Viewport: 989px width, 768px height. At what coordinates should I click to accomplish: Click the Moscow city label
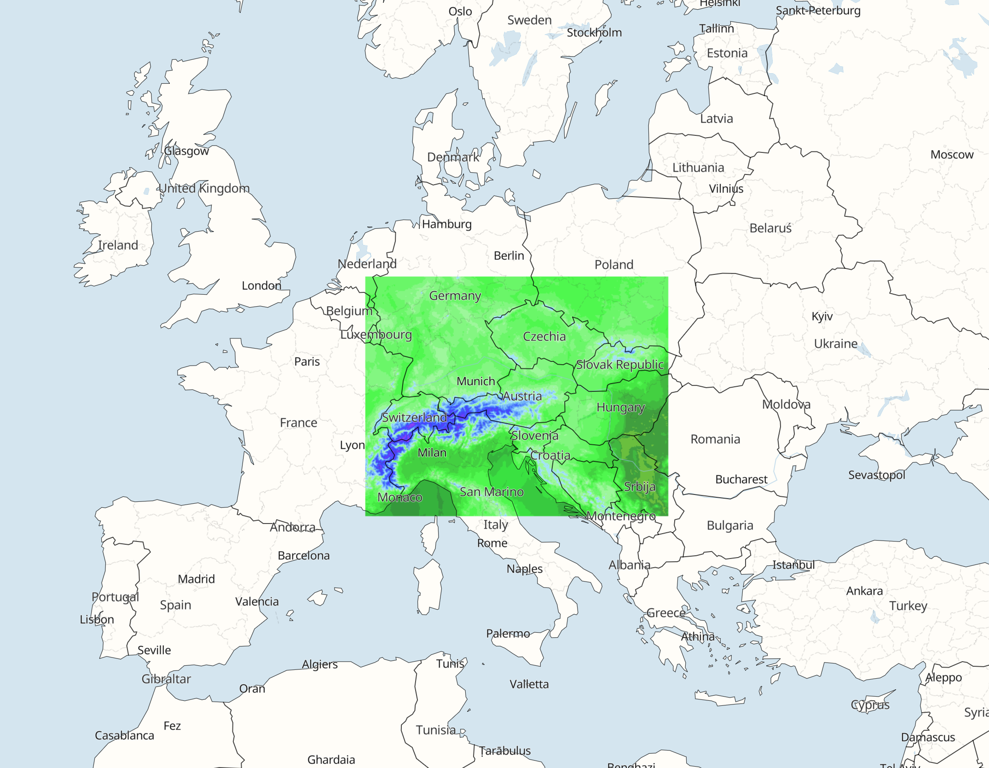[x=952, y=155]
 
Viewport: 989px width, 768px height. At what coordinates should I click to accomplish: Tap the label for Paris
[x=307, y=361]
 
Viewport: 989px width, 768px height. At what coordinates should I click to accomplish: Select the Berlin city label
[x=509, y=256]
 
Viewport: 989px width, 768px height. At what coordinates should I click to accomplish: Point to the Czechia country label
[x=544, y=337]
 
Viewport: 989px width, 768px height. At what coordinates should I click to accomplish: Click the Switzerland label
[x=414, y=418]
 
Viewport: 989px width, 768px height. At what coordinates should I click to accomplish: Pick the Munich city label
[x=475, y=381]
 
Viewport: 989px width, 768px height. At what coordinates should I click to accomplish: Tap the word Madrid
[x=196, y=579]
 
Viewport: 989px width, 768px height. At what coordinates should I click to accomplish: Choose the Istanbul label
[x=793, y=565]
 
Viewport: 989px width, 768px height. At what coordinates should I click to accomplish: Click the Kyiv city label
[x=822, y=316]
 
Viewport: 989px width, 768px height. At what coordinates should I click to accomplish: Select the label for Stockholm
[x=594, y=33]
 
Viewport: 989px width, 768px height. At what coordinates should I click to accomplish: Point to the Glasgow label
[x=186, y=151]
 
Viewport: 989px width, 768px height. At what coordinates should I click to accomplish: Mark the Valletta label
[x=529, y=684]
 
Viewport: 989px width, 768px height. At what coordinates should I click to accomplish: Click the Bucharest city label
[x=741, y=479]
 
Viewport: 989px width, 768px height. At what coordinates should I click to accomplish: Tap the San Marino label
[x=492, y=492]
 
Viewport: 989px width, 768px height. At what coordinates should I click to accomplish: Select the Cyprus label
[x=870, y=705]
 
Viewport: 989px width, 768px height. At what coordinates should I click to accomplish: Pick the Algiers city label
[x=319, y=664]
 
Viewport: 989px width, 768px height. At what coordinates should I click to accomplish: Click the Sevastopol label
[x=876, y=475]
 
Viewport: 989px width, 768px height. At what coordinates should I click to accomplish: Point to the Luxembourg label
[x=376, y=335]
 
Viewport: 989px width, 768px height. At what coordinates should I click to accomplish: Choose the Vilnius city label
[x=726, y=189]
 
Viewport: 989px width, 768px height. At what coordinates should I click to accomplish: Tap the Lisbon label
[x=97, y=619]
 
